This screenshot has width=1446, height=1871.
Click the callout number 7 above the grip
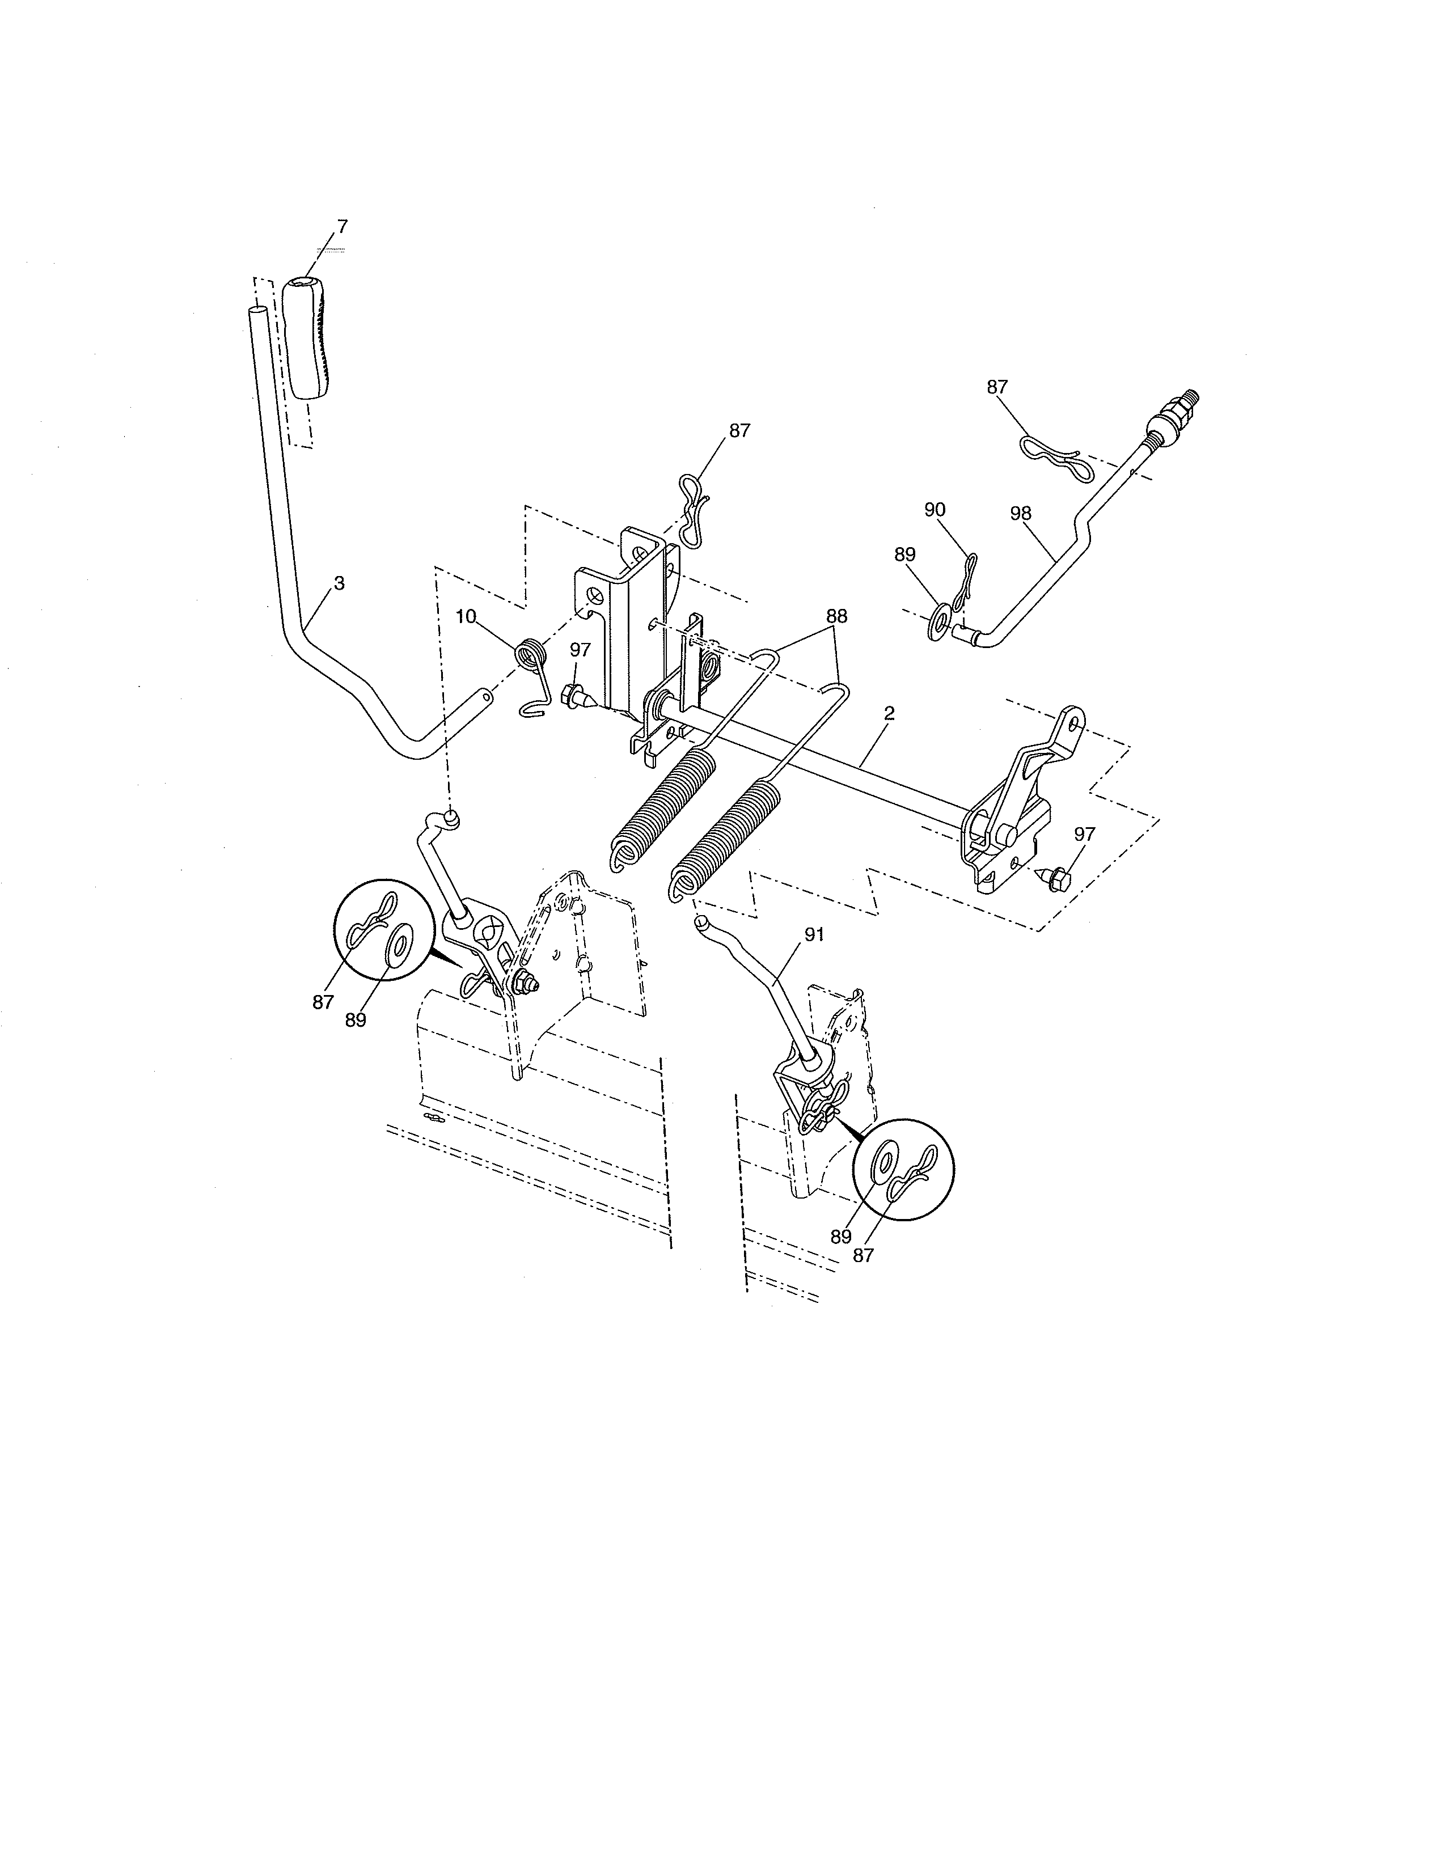click(343, 226)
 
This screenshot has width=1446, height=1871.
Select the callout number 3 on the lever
click(339, 582)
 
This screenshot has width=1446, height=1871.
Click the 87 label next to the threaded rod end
click(997, 387)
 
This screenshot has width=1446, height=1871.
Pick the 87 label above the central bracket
click(739, 431)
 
